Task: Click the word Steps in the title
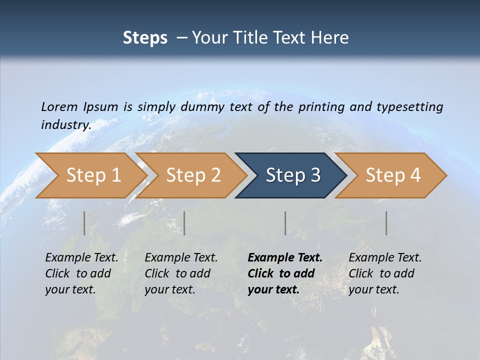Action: click(x=145, y=38)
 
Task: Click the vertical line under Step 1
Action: click(x=84, y=223)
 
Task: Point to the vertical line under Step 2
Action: click(x=184, y=223)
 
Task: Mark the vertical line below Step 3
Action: click(x=285, y=223)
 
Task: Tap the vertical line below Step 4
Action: click(x=386, y=223)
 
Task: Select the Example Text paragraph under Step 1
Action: click(x=81, y=273)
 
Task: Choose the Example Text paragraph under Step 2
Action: click(x=181, y=273)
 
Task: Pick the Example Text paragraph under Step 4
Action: click(x=385, y=273)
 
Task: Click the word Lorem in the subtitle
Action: click(x=59, y=106)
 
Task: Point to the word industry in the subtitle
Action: click(x=65, y=125)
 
